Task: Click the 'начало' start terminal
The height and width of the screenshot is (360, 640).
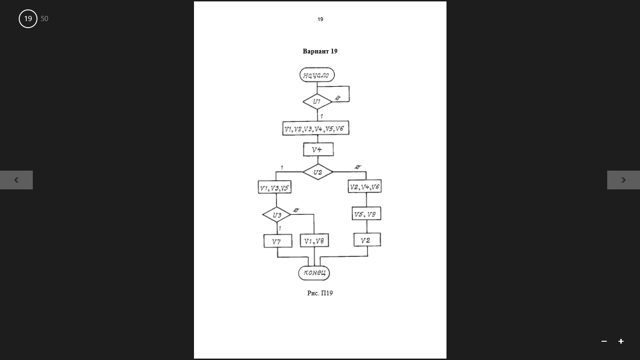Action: (x=317, y=75)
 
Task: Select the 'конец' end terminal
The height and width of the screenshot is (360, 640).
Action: (x=314, y=273)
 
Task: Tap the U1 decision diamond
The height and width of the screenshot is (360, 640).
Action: (x=317, y=102)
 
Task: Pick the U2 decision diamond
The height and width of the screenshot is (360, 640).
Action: (x=318, y=172)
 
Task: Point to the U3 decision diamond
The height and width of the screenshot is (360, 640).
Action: (x=276, y=215)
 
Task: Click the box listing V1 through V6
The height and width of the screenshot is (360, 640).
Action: (x=316, y=128)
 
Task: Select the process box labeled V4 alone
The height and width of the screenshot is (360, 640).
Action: (x=318, y=150)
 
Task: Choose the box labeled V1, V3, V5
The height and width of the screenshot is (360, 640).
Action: (x=275, y=187)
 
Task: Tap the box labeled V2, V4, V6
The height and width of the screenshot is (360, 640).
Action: (x=365, y=187)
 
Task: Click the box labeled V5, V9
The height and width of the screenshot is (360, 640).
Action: (x=366, y=214)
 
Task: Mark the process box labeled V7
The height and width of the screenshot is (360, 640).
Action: (x=278, y=241)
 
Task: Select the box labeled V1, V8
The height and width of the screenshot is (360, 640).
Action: (x=314, y=240)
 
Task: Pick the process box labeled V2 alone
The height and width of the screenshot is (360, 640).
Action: (x=367, y=240)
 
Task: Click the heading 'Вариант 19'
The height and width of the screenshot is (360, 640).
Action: (x=320, y=51)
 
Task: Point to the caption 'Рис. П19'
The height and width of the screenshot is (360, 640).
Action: (x=320, y=293)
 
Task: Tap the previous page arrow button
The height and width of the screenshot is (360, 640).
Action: (x=16, y=180)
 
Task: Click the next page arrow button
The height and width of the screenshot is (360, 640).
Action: (x=624, y=180)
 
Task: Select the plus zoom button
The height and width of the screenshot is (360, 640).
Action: (x=621, y=341)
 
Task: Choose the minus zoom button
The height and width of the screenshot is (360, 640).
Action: (x=604, y=341)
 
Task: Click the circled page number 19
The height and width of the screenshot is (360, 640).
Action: (x=28, y=19)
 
